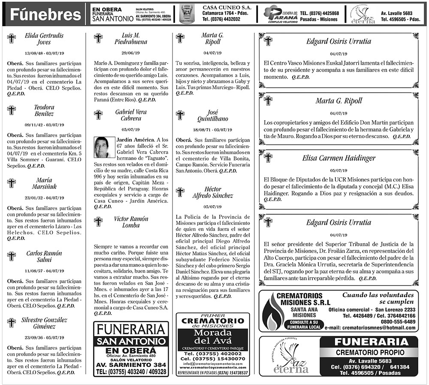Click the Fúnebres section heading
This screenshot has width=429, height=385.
[45, 15]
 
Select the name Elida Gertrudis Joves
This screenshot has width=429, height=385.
[44, 39]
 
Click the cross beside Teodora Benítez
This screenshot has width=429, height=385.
[12, 110]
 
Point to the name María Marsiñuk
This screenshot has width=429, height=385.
[44, 183]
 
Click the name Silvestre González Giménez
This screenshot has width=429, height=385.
[44, 323]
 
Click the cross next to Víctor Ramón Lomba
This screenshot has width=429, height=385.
[98, 221]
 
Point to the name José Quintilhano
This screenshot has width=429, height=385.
[212, 115]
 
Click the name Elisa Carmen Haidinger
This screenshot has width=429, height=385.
[339, 158]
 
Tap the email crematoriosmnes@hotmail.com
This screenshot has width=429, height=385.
[379, 327]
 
